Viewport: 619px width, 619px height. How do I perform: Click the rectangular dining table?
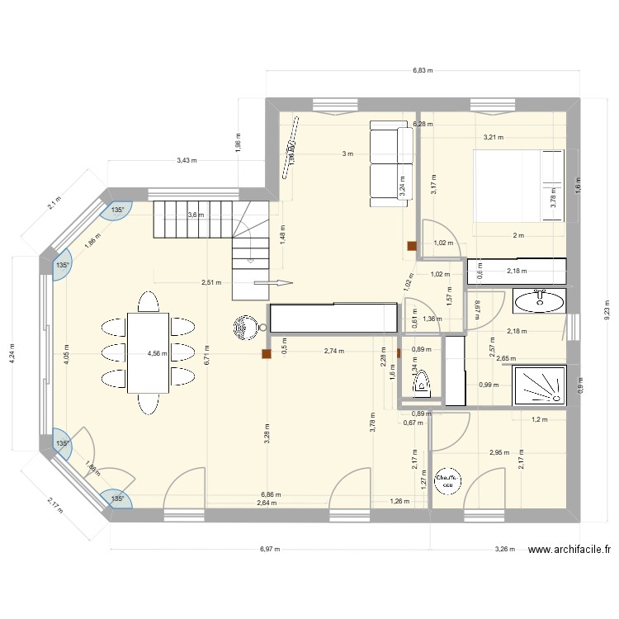pyautogui.click(x=149, y=353)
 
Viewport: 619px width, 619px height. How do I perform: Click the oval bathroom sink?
pyautogui.click(x=541, y=302)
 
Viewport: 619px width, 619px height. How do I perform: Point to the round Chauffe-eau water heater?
pyautogui.click(x=448, y=481)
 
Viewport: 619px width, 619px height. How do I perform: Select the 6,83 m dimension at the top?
pyautogui.click(x=423, y=72)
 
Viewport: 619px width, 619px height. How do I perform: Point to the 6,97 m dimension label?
pyautogui.click(x=270, y=549)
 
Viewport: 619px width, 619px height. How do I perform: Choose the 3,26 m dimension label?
pyautogui.click(x=505, y=549)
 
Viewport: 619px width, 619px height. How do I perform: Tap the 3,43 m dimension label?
pyautogui.click(x=187, y=160)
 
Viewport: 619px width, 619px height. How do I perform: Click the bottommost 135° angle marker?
pyautogui.click(x=117, y=499)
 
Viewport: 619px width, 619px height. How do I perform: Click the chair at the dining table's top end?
pyautogui.click(x=149, y=301)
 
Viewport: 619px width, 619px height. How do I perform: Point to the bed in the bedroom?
pyautogui.click(x=518, y=186)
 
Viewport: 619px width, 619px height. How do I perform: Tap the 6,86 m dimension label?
pyautogui.click(x=269, y=495)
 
